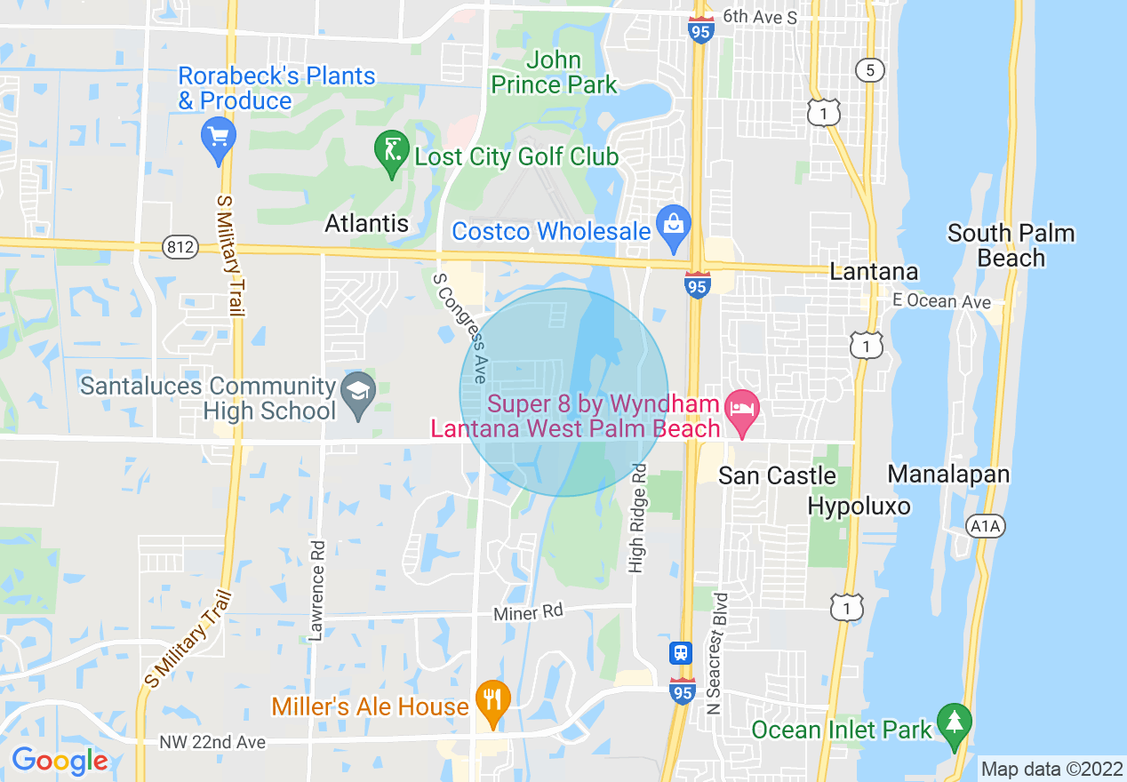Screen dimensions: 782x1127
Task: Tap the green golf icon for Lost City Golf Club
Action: tap(391, 153)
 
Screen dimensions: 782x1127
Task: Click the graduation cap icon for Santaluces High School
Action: tap(359, 394)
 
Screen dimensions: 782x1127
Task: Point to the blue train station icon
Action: tap(681, 653)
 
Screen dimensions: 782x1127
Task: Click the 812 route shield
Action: tap(180, 248)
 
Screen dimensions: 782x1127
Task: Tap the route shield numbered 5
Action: tap(870, 70)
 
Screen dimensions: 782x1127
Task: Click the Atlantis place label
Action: tap(367, 223)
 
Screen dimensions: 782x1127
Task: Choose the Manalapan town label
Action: tap(948, 474)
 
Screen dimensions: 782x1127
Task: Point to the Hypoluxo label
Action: tap(859, 507)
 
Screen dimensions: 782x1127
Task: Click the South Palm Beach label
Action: tap(1011, 245)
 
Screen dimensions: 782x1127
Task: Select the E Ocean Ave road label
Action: tap(942, 302)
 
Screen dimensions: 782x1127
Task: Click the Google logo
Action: tap(60, 761)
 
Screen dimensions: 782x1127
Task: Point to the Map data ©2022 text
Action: tap(1051, 769)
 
